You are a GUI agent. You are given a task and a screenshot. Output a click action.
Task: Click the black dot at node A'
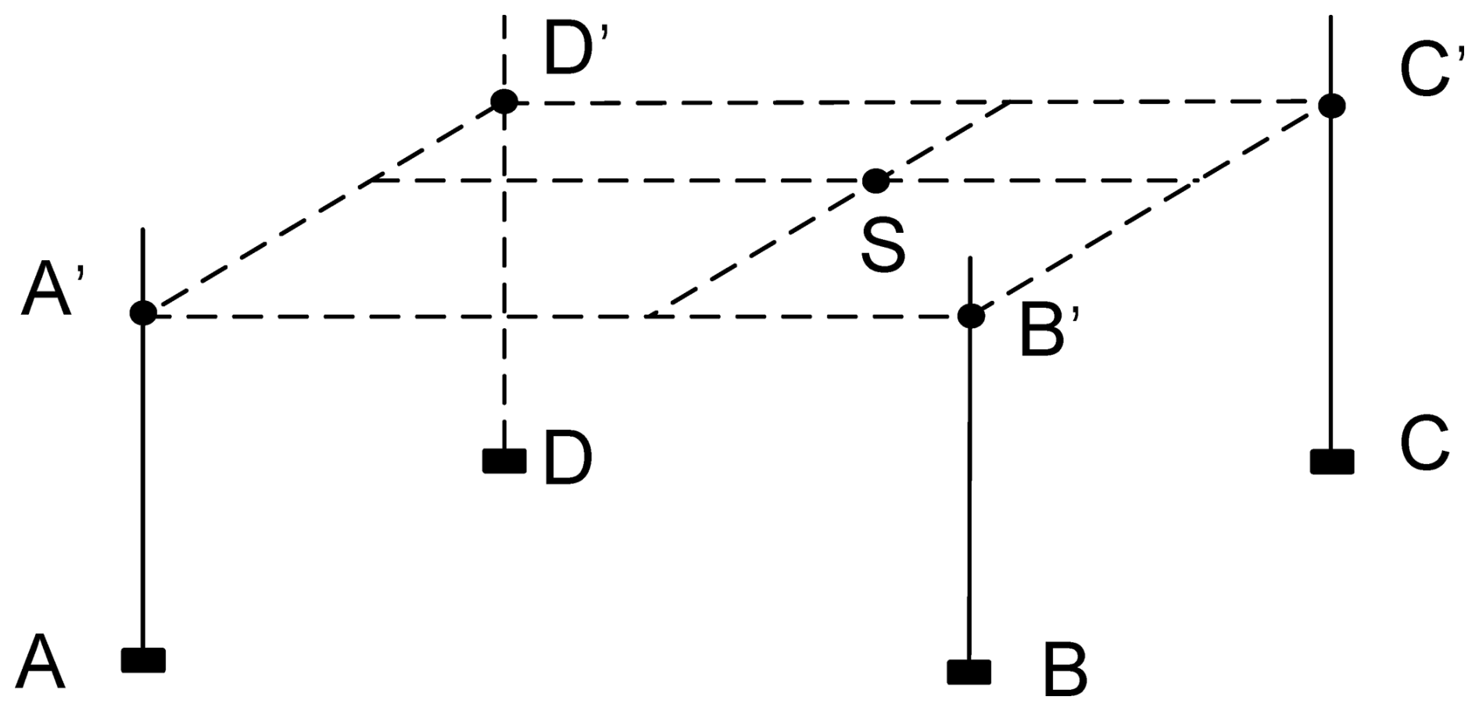click(x=143, y=313)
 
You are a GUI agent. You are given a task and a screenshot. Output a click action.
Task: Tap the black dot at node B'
click(x=971, y=316)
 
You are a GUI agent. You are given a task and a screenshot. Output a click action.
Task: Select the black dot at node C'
click(x=1331, y=105)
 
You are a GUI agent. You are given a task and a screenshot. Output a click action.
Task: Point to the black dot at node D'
click(x=504, y=101)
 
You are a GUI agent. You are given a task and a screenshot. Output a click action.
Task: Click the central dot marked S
click(x=876, y=180)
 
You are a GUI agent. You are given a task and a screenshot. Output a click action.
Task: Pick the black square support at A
click(x=143, y=660)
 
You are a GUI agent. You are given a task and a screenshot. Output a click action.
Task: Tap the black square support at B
click(x=969, y=672)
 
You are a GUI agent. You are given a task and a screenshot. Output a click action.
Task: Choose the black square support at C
click(x=1332, y=462)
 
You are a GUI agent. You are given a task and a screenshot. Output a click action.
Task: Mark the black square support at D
click(x=504, y=461)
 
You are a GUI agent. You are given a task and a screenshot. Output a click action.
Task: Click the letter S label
click(x=883, y=244)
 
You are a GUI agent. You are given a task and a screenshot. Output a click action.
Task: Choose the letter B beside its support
click(x=1065, y=670)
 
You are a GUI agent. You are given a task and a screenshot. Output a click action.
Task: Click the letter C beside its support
click(x=1424, y=445)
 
